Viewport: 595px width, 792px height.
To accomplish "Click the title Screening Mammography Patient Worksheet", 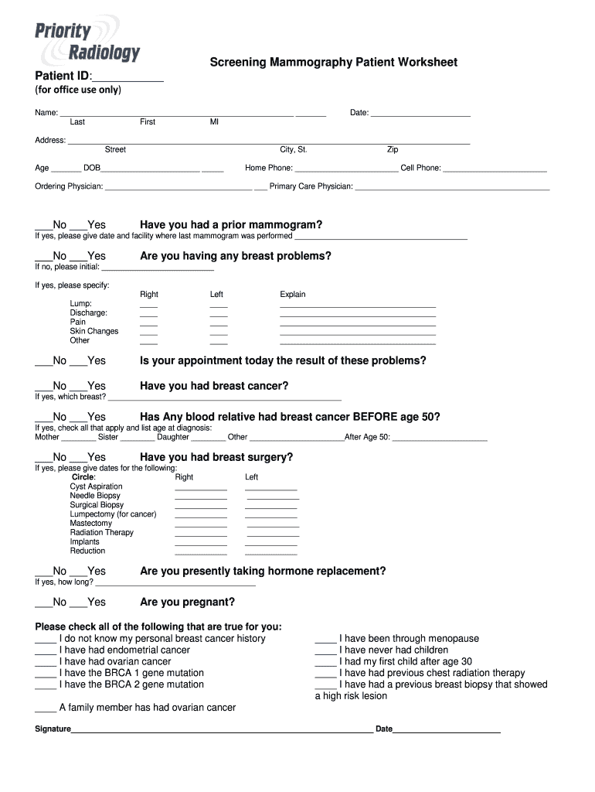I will point(333,62).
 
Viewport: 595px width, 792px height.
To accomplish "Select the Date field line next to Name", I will point(420,114).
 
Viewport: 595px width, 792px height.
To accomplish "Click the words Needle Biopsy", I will point(95,496).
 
